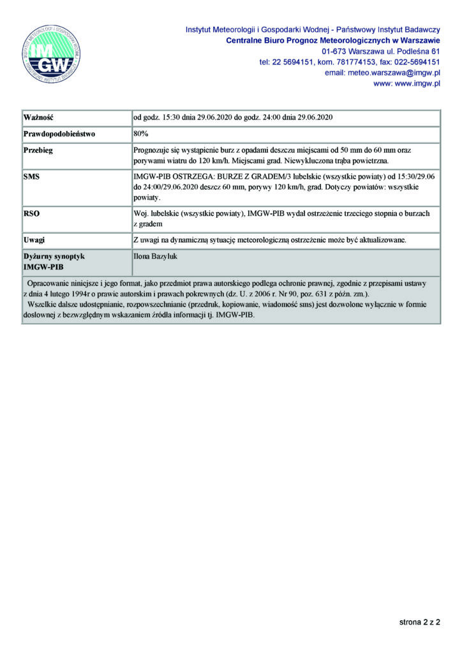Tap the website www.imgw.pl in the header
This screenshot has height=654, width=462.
click(x=417, y=84)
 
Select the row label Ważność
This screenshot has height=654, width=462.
click(x=38, y=118)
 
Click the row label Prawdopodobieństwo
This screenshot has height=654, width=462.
click(x=59, y=135)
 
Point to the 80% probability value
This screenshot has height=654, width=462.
click(x=140, y=135)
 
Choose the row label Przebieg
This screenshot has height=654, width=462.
click(x=38, y=151)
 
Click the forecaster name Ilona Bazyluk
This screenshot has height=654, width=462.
click(x=156, y=255)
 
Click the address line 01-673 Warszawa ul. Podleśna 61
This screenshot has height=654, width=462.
click(x=381, y=51)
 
